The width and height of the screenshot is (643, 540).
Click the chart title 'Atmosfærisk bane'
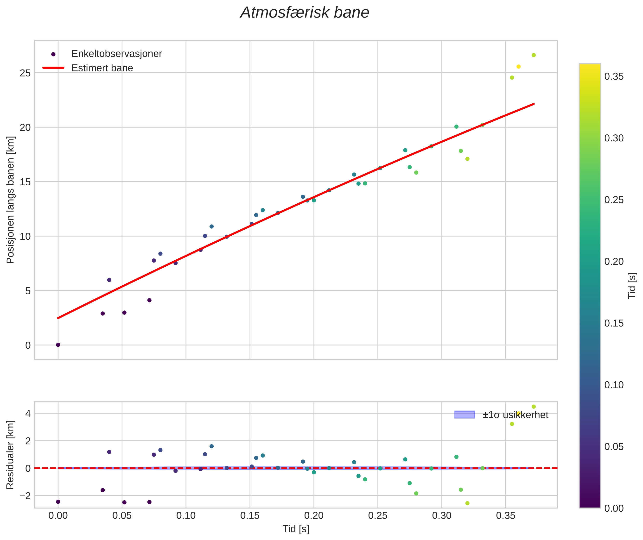coord(305,13)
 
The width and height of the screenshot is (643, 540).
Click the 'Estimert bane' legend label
coord(102,68)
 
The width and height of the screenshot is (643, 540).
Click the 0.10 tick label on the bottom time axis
coord(186,516)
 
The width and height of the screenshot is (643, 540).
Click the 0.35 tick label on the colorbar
coord(614,76)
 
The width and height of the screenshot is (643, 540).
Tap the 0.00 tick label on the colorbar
coord(614,509)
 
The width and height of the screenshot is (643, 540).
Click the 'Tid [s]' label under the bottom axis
coord(296,529)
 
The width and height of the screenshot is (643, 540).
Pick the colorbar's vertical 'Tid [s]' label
coord(632,286)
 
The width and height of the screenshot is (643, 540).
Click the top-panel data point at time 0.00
coord(58,345)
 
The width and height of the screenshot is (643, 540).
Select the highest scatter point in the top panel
coord(534,55)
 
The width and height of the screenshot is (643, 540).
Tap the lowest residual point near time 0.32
coord(467,503)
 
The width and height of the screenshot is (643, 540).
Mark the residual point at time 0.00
coord(58,502)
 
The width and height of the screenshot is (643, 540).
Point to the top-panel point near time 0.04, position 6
coord(109,280)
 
